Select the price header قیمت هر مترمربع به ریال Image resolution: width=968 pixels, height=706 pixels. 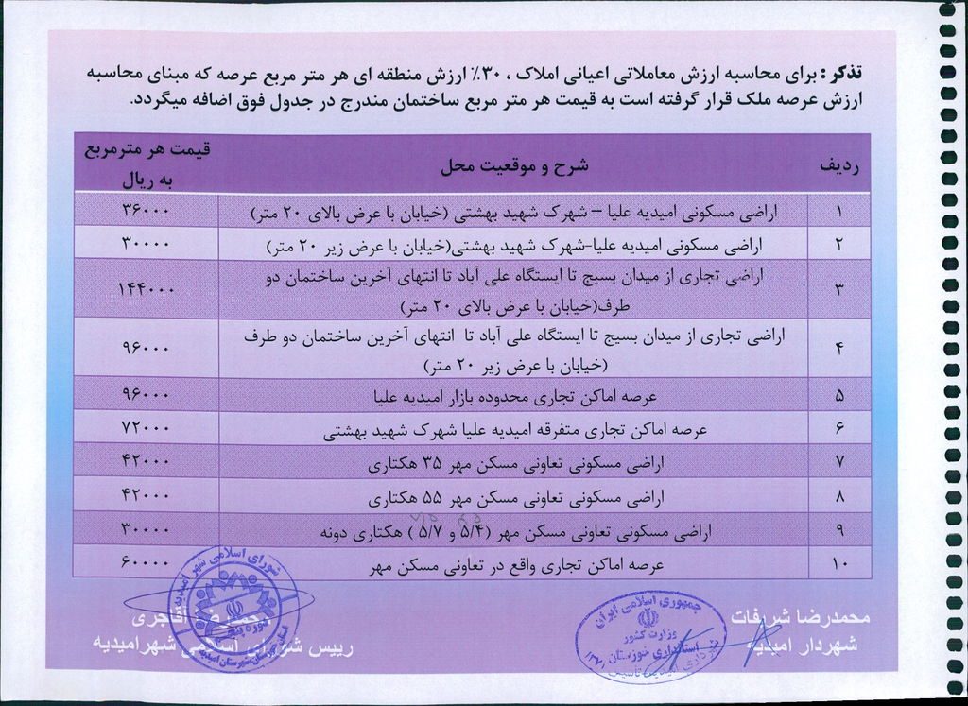point(147,164)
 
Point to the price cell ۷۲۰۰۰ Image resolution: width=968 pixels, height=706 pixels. point(147,428)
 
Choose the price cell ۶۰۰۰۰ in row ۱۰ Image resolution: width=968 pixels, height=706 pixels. point(147,562)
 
